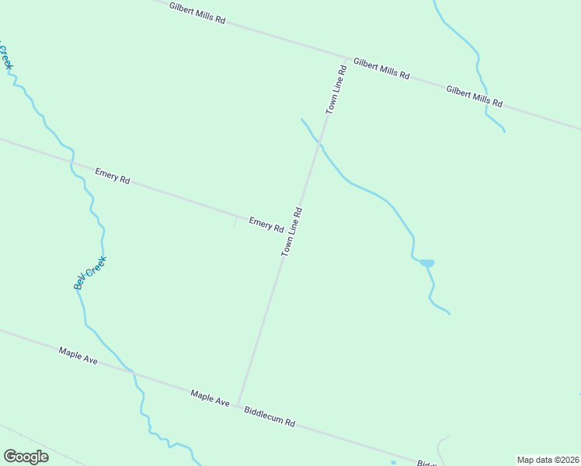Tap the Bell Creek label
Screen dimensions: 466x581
coord(89,273)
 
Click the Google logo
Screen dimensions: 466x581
coord(26,457)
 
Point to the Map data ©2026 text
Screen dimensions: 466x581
coord(548,460)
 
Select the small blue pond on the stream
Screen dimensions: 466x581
coord(427,263)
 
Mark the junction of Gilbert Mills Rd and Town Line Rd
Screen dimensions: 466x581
coord(346,57)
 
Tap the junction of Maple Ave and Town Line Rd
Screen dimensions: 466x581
coord(237,404)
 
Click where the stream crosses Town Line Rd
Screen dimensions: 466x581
coord(318,143)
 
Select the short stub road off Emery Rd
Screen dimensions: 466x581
coord(235,222)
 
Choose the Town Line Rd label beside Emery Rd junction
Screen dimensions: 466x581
coord(291,232)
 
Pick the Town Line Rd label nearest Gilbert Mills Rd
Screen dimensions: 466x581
coord(336,91)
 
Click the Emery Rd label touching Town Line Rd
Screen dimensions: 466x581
coord(266,224)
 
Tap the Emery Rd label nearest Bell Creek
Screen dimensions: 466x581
coord(112,176)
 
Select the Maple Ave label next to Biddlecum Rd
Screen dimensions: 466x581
coord(210,398)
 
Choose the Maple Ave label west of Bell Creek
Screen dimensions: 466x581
coord(78,357)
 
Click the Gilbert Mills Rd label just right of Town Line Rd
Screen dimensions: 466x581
coord(381,68)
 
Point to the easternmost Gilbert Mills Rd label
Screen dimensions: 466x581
coord(474,96)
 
